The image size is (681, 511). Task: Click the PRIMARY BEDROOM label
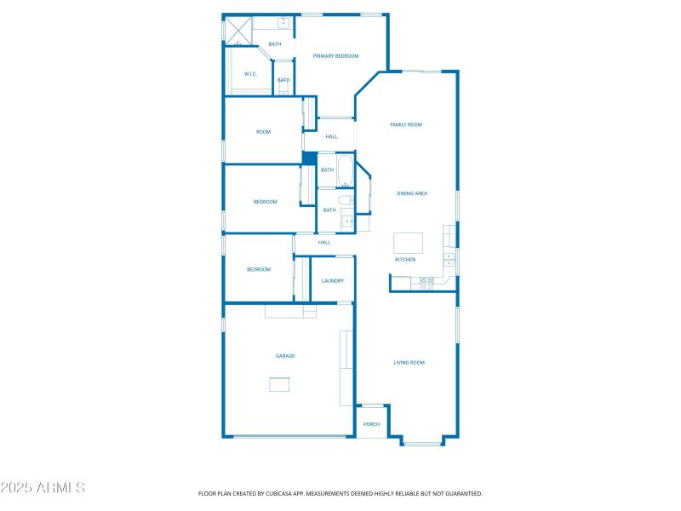(335, 56)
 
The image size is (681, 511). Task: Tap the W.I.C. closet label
(250, 74)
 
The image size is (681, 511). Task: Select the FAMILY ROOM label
(406, 124)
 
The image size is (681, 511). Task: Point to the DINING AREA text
(412, 193)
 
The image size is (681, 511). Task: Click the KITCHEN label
(405, 259)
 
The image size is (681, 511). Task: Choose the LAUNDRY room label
(332, 280)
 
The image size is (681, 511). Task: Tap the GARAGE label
(284, 356)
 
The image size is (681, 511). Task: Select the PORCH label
(371, 424)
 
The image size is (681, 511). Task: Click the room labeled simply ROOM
(264, 132)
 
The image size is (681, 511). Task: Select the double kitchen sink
(449, 258)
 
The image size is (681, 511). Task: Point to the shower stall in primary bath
(237, 31)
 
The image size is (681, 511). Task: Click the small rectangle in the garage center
(279, 385)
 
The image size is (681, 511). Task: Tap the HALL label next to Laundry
(324, 243)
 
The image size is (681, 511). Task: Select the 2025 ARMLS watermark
(43, 488)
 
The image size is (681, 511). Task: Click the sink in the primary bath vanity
(284, 23)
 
